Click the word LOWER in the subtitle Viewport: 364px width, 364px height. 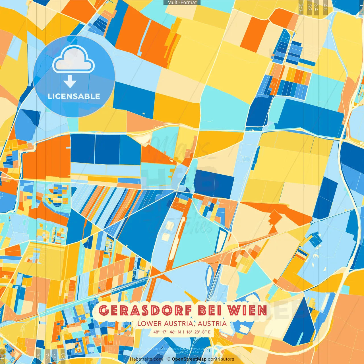tap(149, 324)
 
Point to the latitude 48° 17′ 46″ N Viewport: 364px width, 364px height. tap(167, 332)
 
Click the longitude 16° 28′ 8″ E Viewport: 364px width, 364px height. tap(198, 332)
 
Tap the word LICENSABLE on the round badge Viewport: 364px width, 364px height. tap(74, 96)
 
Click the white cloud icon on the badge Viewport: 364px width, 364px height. tap(74, 59)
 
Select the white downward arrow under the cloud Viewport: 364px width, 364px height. tap(70, 81)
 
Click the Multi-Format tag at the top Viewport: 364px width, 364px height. tap(182, 3)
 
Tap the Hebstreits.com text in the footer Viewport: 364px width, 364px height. tap(146, 359)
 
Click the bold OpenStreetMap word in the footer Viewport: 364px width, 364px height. tap(189, 359)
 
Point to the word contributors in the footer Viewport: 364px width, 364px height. tap(221, 359)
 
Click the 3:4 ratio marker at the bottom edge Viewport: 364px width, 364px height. tap(48, 356)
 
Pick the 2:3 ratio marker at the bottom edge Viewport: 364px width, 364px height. tap(63, 356)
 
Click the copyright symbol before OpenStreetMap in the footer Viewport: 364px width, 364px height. tap(169, 359)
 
